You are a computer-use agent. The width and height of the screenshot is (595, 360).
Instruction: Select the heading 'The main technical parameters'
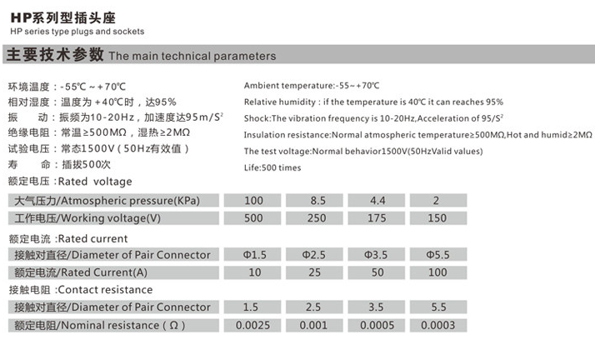pos(192,57)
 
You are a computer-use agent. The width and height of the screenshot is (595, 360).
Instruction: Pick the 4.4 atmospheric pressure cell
pos(375,201)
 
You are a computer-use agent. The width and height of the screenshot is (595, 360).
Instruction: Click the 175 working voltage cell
pos(375,218)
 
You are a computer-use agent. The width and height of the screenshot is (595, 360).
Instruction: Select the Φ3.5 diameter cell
pos(375,254)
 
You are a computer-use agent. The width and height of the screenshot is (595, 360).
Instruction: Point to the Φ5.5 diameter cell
pos(437,254)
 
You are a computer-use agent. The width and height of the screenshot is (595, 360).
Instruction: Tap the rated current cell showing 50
pos(375,272)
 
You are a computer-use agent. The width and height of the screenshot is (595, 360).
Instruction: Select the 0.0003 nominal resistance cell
pos(437,325)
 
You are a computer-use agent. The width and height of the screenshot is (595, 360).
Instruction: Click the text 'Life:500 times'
pos(272,167)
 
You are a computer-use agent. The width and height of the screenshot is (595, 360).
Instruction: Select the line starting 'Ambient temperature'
pos(312,86)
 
